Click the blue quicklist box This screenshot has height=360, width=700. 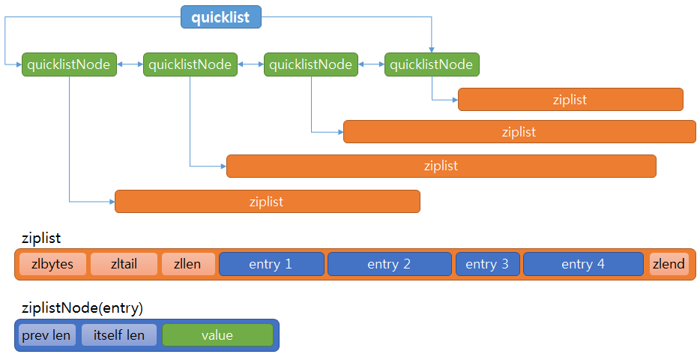(x=220, y=17)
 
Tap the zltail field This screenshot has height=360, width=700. (x=124, y=264)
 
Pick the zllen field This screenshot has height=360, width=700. (x=188, y=264)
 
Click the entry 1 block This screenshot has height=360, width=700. (x=271, y=264)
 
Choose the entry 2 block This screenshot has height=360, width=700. (x=389, y=264)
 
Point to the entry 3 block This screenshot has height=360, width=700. (x=487, y=264)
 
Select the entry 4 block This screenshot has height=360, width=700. (x=582, y=264)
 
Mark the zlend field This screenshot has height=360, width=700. (x=669, y=264)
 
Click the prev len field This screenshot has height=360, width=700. (x=46, y=335)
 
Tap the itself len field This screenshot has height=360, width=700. (x=119, y=335)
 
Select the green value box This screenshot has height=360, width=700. (x=217, y=335)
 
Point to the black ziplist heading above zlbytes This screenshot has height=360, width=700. (x=41, y=238)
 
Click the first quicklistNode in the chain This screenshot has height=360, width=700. (x=69, y=64)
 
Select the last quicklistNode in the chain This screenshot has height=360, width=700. (x=432, y=64)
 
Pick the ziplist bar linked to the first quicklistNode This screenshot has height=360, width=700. (x=267, y=202)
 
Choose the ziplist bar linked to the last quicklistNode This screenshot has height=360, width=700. (x=570, y=100)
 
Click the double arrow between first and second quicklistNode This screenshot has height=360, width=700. (x=130, y=64)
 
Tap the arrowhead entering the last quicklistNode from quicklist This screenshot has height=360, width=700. (x=432, y=49)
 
